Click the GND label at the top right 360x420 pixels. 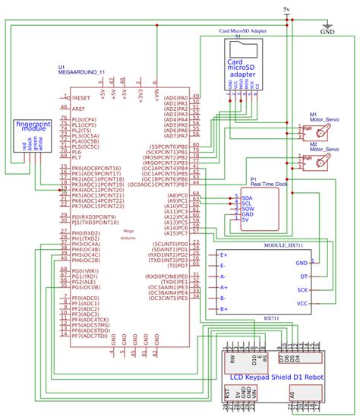click(x=328, y=33)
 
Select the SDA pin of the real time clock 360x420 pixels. click(x=247, y=197)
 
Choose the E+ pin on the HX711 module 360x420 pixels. click(x=224, y=255)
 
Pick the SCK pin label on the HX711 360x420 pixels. click(x=302, y=289)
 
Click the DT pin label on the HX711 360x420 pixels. click(x=304, y=276)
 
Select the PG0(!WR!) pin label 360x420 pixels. click(x=86, y=270)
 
